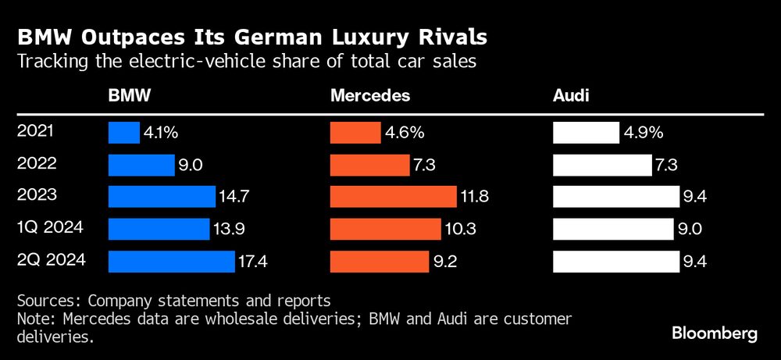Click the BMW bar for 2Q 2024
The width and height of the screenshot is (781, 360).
[x=171, y=262]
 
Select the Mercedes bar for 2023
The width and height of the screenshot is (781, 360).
[x=393, y=197]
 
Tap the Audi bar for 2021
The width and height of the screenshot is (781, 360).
[x=586, y=133]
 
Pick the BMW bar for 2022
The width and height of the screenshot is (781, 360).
[x=141, y=165]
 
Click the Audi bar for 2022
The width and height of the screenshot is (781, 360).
[x=602, y=165]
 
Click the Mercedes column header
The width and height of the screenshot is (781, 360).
[x=370, y=95]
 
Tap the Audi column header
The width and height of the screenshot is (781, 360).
[x=571, y=95]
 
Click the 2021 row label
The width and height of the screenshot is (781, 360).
[x=35, y=131]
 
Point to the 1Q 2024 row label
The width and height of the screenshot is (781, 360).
[x=49, y=228]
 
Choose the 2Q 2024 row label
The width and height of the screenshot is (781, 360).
[x=50, y=260]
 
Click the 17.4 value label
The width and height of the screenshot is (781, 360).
[x=254, y=262]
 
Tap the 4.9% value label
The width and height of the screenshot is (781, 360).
[x=644, y=133]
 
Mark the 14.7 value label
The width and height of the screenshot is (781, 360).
[x=234, y=197]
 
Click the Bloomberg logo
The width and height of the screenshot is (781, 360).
[x=715, y=333]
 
